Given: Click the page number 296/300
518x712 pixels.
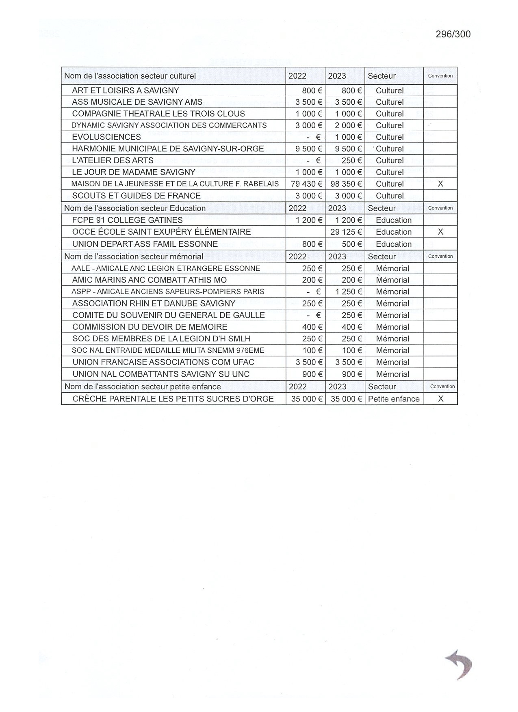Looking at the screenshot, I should tap(453, 34).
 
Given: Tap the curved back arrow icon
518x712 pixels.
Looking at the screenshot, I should tap(459, 664).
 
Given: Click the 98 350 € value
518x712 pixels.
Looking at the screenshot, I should tap(346, 184).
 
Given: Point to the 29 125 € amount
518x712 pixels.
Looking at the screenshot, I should tap(346, 232).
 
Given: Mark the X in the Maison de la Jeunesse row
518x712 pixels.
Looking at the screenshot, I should tap(440, 184).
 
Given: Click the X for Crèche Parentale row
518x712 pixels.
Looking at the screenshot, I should tap(440, 399).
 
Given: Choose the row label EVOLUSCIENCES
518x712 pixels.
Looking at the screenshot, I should tap(106, 137).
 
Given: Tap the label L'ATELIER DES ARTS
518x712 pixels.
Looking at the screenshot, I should tap(113, 160).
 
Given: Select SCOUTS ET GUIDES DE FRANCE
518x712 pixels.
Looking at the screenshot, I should tap(136, 196).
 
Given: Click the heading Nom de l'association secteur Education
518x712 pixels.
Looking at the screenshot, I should tap(135, 208).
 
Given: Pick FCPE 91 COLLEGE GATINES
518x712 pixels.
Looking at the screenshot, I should tap(127, 220).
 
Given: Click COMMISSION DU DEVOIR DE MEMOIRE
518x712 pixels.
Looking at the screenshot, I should tap(150, 327).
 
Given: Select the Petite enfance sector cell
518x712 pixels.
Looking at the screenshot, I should tap(394, 399).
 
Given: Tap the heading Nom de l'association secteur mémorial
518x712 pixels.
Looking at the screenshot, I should tap(134, 257).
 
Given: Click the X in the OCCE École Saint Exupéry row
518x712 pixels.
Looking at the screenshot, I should tap(440, 232).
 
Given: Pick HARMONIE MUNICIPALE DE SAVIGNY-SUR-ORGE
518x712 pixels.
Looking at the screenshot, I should tap(168, 149).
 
